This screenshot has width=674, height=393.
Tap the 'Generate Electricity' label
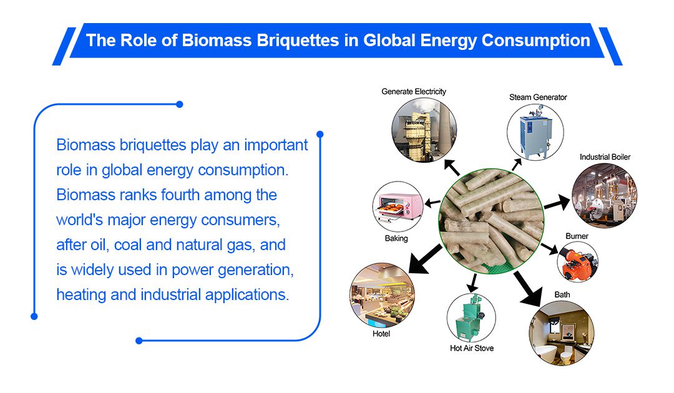point(414,92)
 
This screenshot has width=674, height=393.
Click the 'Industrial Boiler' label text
point(605,157)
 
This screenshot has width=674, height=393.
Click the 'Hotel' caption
point(381,334)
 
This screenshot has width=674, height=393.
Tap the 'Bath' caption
point(562,294)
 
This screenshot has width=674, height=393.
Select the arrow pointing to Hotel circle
point(425,260)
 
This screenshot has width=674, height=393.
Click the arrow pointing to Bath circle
point(528,289)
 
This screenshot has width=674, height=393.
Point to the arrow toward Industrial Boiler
point(557,202)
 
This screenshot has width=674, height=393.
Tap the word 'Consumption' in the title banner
point(535,41)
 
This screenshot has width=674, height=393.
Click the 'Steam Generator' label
point(538,97)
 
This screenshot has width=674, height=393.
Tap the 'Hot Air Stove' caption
point(472,348)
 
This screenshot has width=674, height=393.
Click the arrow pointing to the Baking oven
point(432,202)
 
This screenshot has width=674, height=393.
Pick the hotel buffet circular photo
point(382,296)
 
